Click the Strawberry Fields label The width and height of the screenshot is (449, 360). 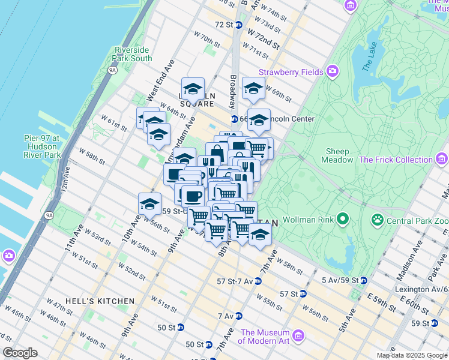pyautogui.click(x=291, y=72)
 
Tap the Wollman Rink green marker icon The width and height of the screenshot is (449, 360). pyautogui.click(x=342, y=219)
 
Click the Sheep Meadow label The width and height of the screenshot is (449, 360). pyautogui.click(x=339, y=156)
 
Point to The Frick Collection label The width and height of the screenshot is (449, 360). pyautogui.click(x=396, y=160)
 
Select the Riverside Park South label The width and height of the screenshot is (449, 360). pyautogui.click(x=133, y=54)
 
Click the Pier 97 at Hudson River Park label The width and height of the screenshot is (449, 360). pyautogui.click(x=42, y=146)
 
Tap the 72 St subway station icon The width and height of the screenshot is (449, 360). pyautogui.click(x=238, y=25)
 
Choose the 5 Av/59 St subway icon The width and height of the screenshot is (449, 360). pyautogui.click(x=364, y=280)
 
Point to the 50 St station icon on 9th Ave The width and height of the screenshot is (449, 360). pyautogui.click(x=180, y=328)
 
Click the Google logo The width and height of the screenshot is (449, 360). pyautogui.click(x=20, y=353)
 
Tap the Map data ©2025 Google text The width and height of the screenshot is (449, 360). pyautogui.click(x=411, y=355)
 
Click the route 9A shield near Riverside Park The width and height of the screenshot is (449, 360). pyautogui.click(x=112, y=70)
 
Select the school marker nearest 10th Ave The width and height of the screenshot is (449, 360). pyautogui.click(x=149, y=204)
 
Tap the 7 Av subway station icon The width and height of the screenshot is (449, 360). pyautogui.click(x=239, y=316)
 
